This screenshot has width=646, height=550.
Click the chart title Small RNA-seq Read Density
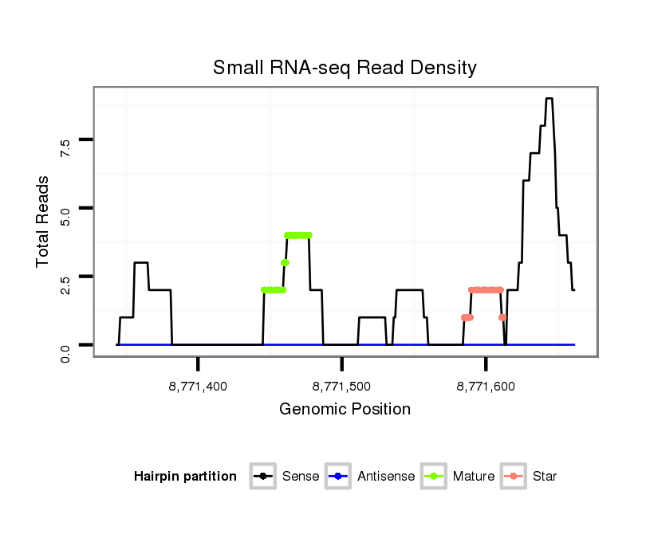345,68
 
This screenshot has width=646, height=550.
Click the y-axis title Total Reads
43,222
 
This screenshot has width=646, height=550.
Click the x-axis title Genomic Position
345,410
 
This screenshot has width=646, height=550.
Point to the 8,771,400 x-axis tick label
198,387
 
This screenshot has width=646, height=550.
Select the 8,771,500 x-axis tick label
341,387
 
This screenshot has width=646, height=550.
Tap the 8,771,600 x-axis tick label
485,387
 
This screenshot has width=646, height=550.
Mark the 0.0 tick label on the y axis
65,351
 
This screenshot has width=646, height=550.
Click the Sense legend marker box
262,477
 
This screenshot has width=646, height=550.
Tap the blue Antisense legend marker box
338,477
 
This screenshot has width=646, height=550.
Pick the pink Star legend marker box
513,477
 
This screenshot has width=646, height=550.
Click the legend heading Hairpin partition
185,477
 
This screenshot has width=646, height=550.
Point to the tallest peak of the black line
549,99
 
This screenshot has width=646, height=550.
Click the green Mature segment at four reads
297,235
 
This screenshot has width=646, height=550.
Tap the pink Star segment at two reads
486,290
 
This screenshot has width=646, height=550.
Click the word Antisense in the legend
386,477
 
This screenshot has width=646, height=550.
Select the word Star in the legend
545,477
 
